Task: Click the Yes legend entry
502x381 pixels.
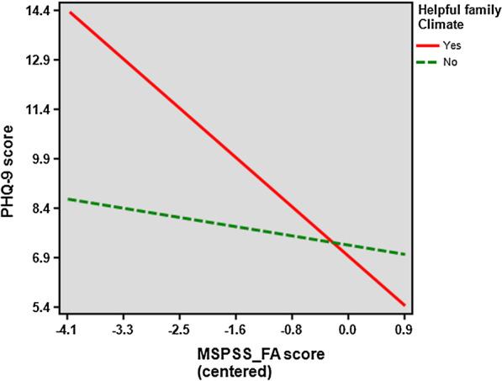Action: point(453,46)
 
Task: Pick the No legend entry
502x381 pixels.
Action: point(452,62)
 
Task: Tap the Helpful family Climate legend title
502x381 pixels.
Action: point(455,16)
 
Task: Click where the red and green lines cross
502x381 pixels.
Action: point(335,244)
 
